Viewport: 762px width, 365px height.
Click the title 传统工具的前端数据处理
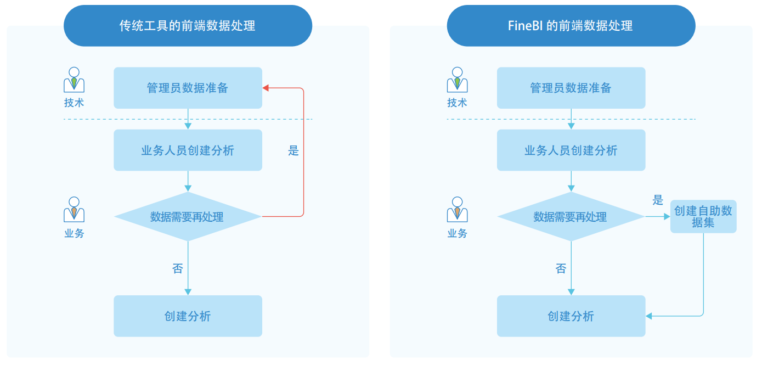[188, 26]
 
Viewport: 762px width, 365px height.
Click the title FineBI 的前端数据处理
[571, 26]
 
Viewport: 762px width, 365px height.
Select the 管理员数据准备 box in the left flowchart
[188, 88]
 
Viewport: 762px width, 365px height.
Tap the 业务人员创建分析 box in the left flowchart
[188, 150]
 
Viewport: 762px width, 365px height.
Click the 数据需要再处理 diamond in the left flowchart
[188, 217]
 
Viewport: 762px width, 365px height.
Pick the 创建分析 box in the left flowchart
[188, 316]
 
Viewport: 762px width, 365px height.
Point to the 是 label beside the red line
[293, 151]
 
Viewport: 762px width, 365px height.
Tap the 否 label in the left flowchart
[177, 268]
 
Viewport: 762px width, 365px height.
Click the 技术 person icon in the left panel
[74, 80]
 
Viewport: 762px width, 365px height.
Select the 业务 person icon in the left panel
[74, 210]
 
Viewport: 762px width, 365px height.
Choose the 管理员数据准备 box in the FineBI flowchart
[571, 88]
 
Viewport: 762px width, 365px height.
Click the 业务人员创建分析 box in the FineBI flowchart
[571, 150]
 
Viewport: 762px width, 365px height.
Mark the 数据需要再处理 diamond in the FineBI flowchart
[571, 217]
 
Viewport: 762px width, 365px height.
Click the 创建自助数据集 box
[703, 217]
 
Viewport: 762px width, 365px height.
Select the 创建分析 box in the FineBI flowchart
[571, 316]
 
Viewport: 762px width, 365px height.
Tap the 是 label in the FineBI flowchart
[658, 200]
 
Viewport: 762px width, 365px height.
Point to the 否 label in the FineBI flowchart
[561, 268]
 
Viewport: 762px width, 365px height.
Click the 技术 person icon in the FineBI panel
[457, 80]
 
